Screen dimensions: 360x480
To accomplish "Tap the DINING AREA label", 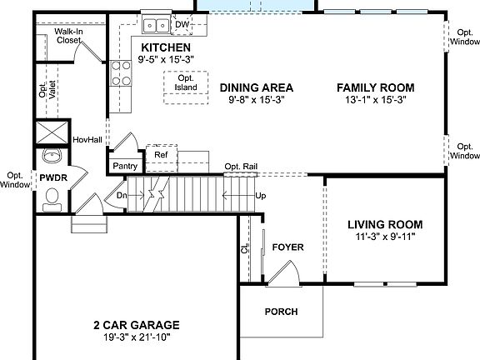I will tap(257, 87).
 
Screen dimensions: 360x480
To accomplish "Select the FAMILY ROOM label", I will tap(375, 87).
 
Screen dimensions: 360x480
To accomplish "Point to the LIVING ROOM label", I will tap(384, 224).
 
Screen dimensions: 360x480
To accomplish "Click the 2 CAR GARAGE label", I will tap(135, 325).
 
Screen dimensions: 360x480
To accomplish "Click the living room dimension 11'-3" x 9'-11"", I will tap(384, 237).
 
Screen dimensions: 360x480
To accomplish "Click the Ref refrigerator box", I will tap(161, 154).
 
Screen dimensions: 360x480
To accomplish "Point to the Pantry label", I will tap(125, 166).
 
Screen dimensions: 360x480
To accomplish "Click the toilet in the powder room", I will tap(52, 197).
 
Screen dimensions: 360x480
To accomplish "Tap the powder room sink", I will tap(52, 156).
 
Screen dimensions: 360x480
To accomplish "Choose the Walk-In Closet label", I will tap(68, 35).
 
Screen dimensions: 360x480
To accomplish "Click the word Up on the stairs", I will tap(260, 197).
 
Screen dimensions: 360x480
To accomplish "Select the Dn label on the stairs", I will tap(122, 197).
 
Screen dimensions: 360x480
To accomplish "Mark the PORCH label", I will tap(281, 312).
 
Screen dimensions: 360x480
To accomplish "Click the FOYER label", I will tap(287, 247).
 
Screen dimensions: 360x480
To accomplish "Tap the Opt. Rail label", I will tap(240, 167).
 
